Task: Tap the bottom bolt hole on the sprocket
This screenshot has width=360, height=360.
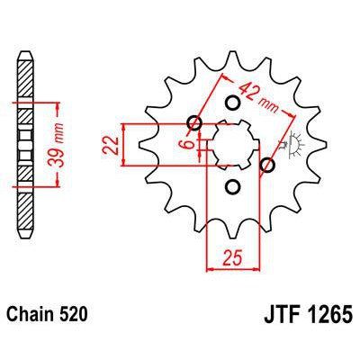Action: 232,186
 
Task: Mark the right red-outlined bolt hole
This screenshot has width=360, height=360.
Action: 266,165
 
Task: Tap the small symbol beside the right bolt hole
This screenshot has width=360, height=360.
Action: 291,142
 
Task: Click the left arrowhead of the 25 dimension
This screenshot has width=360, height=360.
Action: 211,267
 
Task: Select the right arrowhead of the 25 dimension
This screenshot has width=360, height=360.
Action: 251,267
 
